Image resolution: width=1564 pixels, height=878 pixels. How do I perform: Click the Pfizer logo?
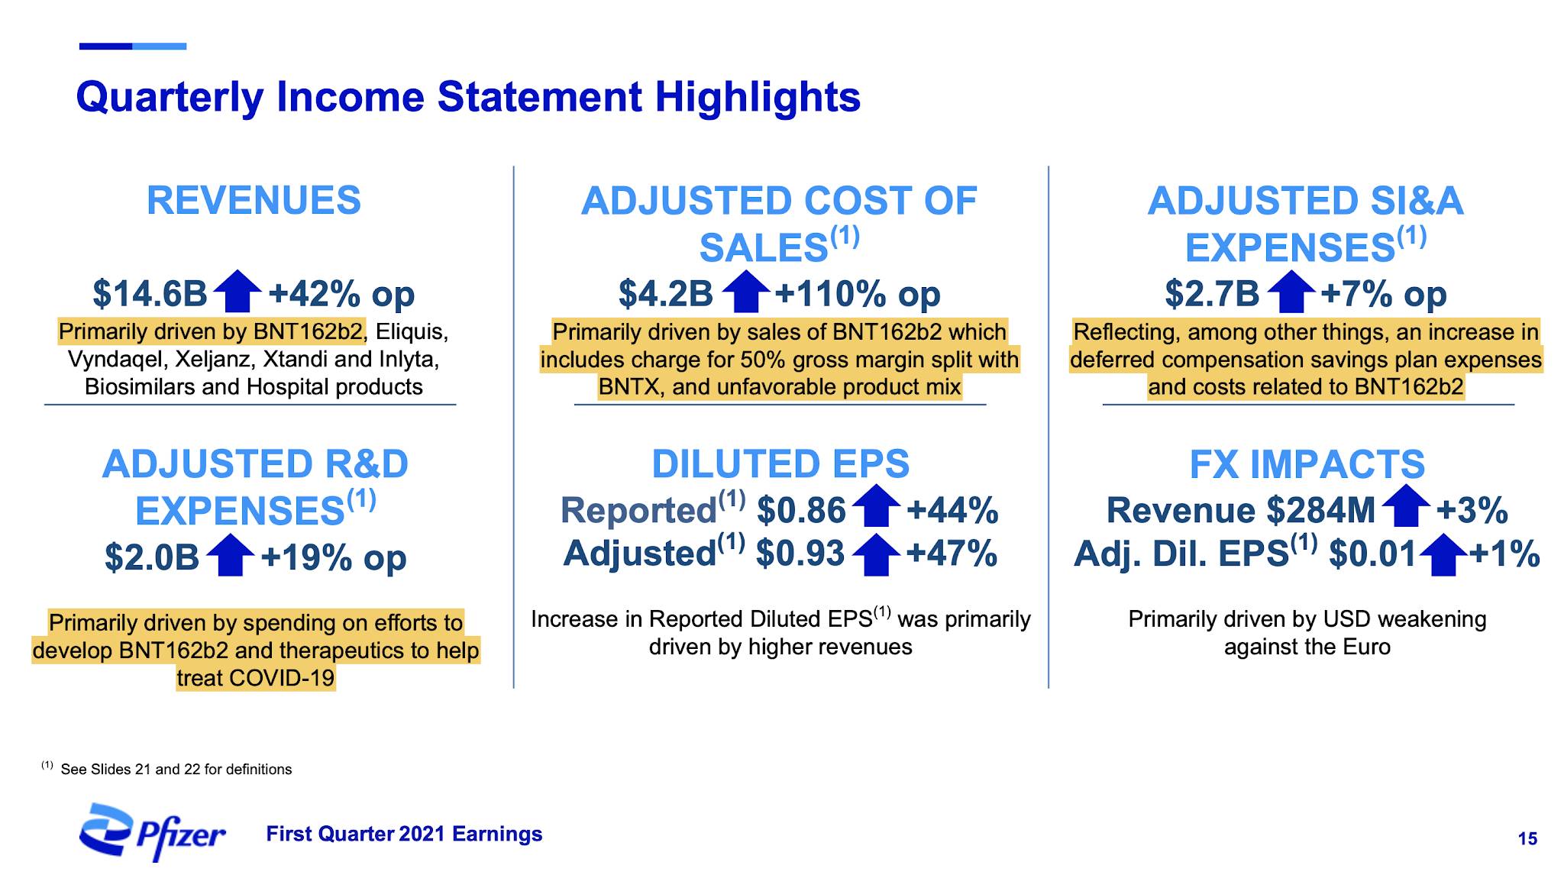152,832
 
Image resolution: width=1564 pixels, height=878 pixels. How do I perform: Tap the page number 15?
1527,839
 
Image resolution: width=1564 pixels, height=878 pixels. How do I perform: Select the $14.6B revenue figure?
150,293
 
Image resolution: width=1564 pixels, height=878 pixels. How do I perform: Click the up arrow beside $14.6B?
238,291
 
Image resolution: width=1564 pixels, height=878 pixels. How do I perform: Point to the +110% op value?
858,293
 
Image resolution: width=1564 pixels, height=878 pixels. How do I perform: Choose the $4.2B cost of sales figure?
666,293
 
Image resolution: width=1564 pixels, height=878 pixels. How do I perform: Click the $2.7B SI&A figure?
1212,293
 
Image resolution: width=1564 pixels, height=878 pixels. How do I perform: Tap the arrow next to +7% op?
1291,291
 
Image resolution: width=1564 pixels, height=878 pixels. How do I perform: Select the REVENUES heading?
254,201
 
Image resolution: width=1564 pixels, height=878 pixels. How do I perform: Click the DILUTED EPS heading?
780,464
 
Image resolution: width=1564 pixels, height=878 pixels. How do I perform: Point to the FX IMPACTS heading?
1307,464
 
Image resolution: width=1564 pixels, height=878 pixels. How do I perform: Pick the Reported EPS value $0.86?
801,510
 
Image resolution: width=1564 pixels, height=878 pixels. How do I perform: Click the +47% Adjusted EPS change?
952,553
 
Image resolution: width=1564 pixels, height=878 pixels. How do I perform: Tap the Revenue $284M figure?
1241,510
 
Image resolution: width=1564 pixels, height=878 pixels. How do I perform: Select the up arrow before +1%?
1443,554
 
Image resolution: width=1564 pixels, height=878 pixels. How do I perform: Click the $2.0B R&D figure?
152,557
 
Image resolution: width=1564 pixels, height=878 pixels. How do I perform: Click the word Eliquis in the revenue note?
412,332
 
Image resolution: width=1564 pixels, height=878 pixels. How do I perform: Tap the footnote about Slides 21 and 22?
166,768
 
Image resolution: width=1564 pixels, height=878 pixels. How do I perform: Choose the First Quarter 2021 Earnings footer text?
404,834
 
